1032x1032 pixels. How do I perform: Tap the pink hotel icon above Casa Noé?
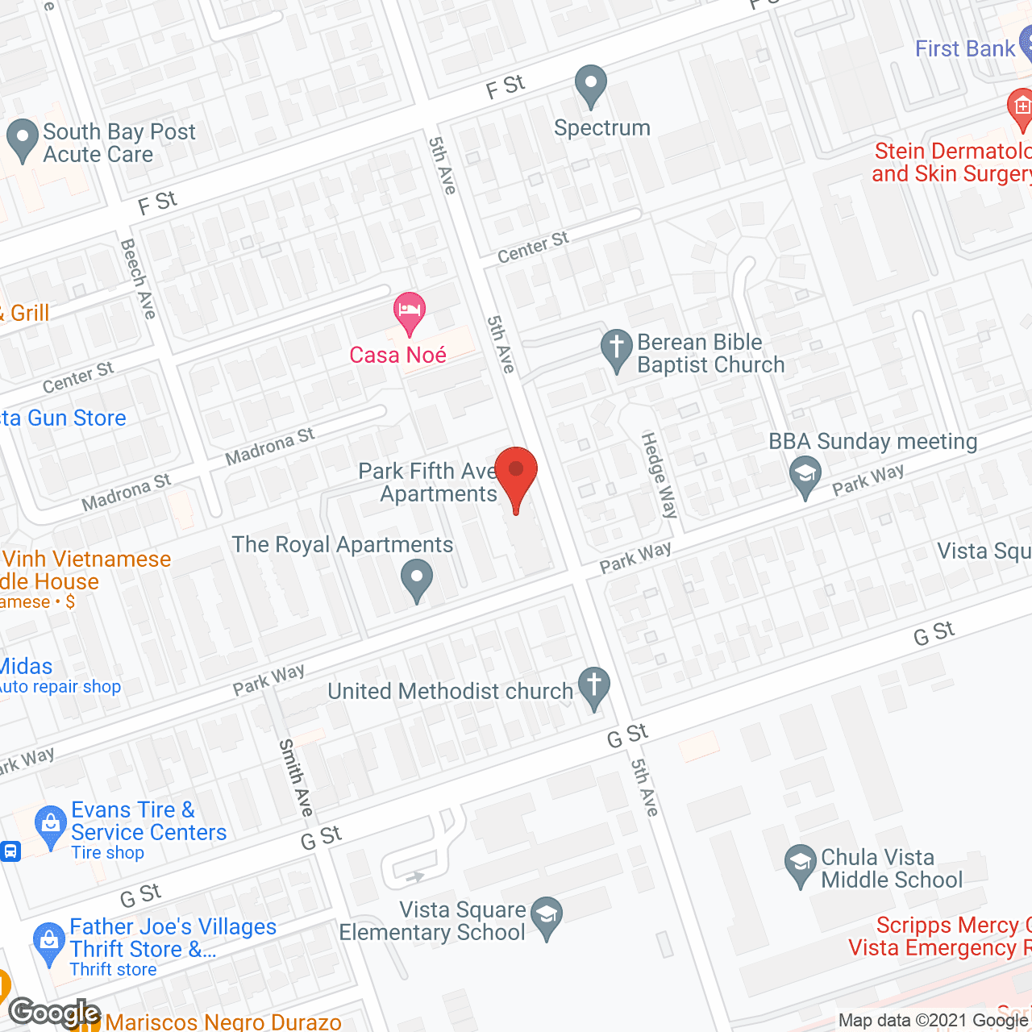tap(410, 311)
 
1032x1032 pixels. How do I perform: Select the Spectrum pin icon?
tap(591, 85)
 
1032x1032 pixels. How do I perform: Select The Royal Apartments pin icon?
tap(417, 580)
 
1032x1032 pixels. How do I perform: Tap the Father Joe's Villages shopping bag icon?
tap(49, 943)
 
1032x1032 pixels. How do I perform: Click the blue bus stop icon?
tap(10, 851)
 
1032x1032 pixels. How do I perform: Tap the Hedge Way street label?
tap(660, 474)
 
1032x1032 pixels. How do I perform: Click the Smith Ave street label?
tap(295, 777)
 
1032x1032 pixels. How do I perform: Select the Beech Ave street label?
tap(138, 278)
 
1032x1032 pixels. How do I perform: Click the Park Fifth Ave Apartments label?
tap(427, 482)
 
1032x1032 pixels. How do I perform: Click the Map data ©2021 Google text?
tap(933, 1021)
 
